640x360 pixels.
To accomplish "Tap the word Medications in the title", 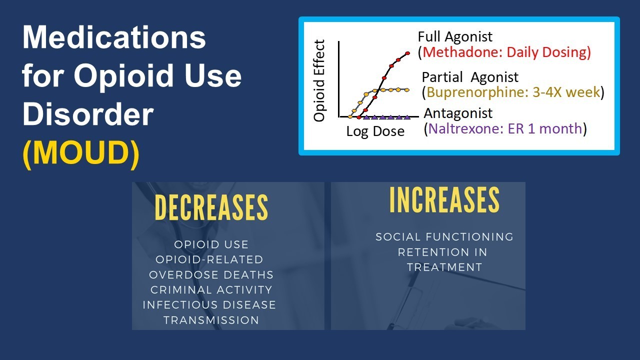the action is pyautogui.click(x=114, y=37).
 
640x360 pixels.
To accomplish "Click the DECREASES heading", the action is pyautogui.click(x=211, y=207).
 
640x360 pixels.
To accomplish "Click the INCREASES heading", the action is pyautogui.click(x=444, y=200).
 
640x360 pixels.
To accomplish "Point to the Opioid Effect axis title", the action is pyautogui.click(x=319, y=81).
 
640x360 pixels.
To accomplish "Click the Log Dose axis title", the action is pyautogui.click(x=375, y=131).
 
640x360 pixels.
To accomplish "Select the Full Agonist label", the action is pyautogui.click(x=455, y=36).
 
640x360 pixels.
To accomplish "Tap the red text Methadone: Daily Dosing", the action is pyautogui.click(x=506, y=52).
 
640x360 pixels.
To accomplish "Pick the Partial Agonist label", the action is pyautogui.click(x=470, y=77).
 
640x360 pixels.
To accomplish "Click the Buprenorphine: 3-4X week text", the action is pyautogui.click(x=513, y=92).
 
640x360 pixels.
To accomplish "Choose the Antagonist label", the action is pyautogui.click(x=458, y=113).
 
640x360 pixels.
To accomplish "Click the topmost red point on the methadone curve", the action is pyautogui.click(x=407, y=53).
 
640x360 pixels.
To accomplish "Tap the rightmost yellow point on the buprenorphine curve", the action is pyautogui.click(x=407, y=90).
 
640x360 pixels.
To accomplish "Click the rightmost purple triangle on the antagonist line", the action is pyautogui.click(x=407, y=117).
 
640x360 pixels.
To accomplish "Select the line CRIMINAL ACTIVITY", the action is pyautogui.click(x=211, y=290).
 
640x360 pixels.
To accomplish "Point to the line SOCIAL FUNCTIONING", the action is pyautogui.click(x=444, y=237).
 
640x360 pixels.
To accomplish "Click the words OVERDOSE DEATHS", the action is pyautogui.click(x=211, y=275).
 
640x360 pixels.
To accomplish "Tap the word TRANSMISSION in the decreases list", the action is pyautogui.click(x=211, y=320).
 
